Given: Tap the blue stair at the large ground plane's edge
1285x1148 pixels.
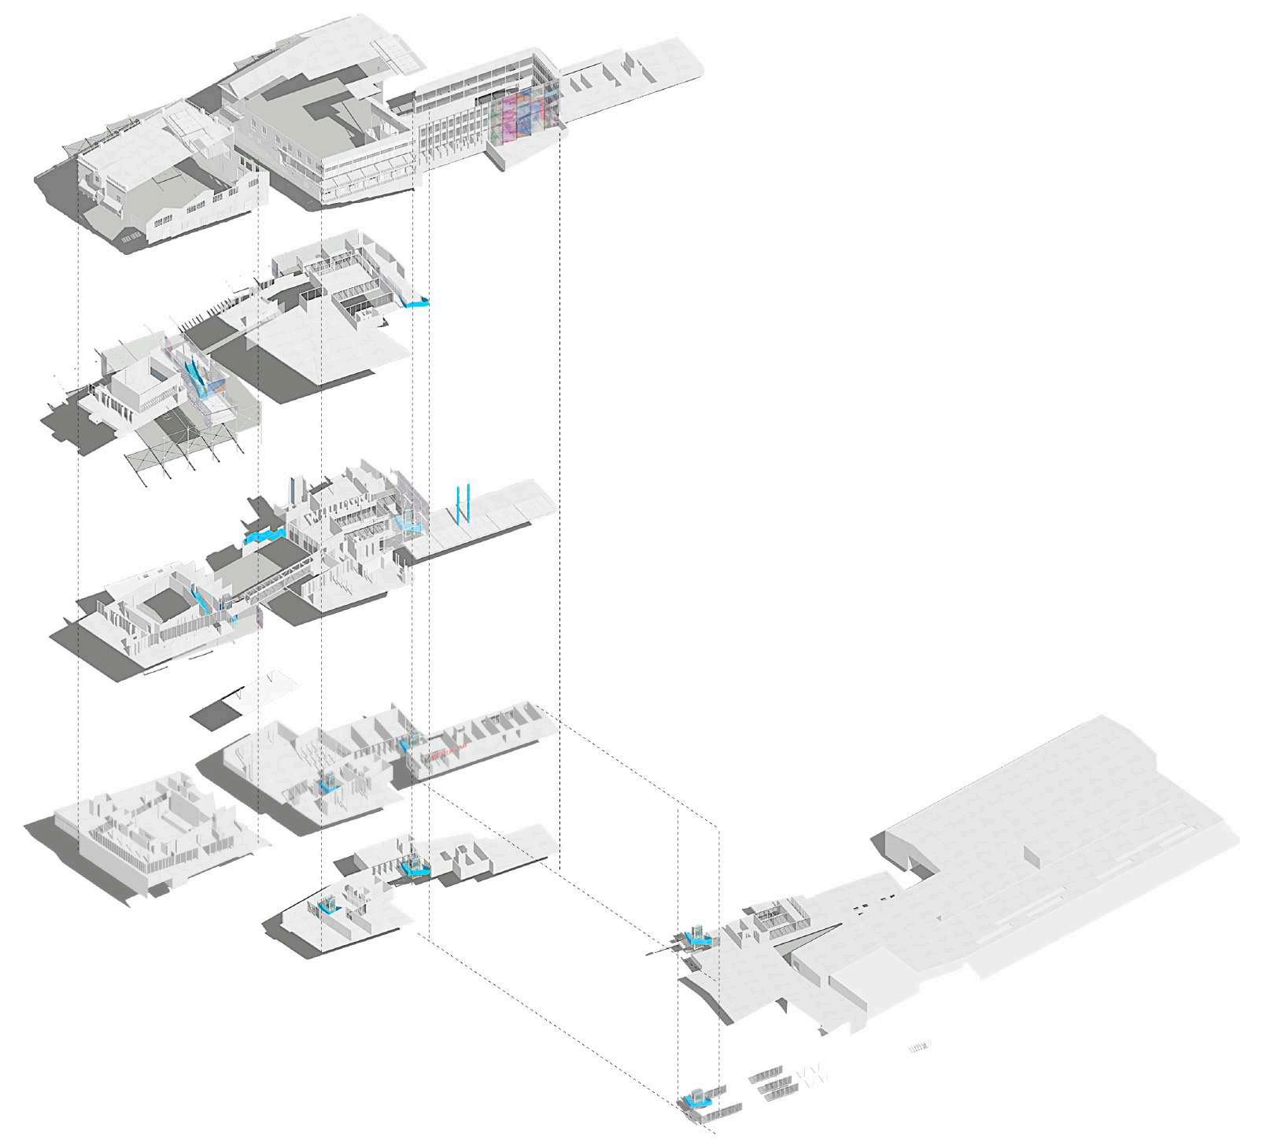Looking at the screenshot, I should coord(697,936).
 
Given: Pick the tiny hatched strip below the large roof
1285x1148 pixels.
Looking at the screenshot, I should coord(919,1046).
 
